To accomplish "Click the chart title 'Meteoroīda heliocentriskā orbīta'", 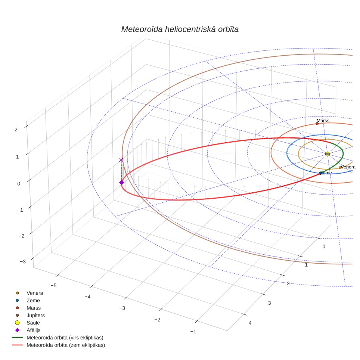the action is tap(180, 30).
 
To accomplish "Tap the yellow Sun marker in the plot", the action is tap(328, 154).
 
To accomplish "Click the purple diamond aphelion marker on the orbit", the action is tap(122, 183).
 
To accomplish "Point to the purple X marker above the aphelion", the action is tap(121, 160).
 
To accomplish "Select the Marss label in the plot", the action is tap(323, 121).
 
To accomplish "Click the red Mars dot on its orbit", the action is tap(317, 124).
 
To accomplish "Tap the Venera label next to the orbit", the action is tap(348, 167).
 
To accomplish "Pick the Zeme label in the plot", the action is tap(326, 173).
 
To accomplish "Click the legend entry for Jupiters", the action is tap(35, 315).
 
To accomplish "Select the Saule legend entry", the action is tap(33, 323).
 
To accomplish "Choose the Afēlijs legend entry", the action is tap(34, 330).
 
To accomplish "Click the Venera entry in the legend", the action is tap(35, 293).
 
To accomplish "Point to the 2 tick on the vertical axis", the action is tap(16, 130).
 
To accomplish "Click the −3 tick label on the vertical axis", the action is tap(23, 261).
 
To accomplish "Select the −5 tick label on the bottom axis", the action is tap(53, 285).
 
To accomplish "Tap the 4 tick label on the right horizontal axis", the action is tap(250, 323).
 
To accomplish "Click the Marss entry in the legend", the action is tap(34, 308).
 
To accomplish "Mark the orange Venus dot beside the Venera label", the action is tap(340, 168).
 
